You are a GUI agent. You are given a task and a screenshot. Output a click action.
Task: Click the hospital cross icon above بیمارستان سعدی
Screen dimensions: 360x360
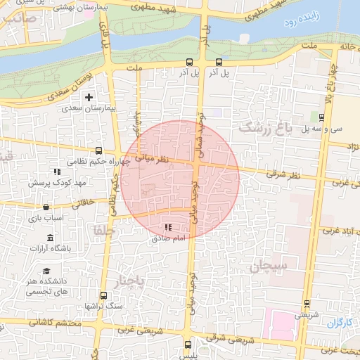(89, 96)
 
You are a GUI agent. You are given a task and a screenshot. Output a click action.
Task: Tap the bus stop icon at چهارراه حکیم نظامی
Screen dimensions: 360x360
(98, 150)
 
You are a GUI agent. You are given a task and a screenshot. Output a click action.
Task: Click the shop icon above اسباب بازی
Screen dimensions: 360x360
(46, 207)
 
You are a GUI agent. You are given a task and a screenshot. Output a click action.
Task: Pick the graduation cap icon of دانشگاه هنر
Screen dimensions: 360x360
(46, 271)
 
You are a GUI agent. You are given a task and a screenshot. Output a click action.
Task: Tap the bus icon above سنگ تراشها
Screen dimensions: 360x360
(104, 295)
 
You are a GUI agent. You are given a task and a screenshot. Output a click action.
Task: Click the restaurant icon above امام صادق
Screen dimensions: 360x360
(167, 227)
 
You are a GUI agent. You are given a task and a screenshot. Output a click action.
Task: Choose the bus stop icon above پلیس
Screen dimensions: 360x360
(188, 345)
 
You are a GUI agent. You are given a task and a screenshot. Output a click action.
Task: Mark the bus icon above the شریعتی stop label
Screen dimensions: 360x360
(306, 304)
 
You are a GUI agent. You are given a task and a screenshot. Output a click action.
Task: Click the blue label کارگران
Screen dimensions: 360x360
(339, 323)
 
